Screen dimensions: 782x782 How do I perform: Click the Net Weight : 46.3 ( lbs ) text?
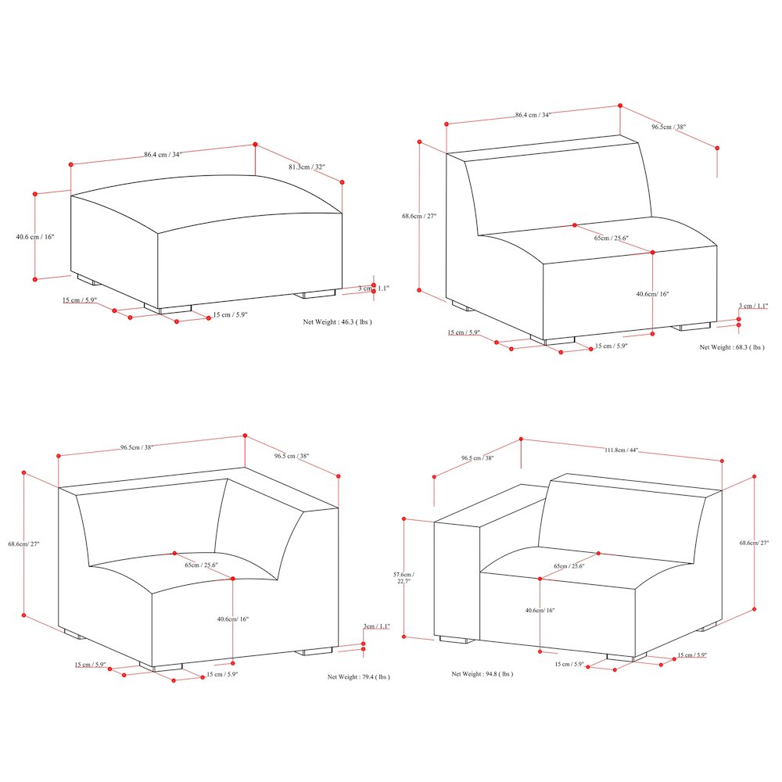point(337,321)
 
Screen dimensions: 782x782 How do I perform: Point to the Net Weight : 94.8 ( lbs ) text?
point(482,673)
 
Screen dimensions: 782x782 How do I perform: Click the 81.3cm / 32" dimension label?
point(307,167)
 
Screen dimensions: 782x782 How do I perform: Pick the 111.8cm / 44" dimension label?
point(622,450)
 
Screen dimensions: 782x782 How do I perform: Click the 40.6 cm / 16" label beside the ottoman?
point(35,236)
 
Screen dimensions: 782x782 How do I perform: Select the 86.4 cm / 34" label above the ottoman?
point(163,155)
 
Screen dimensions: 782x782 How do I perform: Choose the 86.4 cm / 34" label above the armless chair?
point(533,115)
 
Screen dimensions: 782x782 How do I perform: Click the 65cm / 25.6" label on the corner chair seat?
point(201,565)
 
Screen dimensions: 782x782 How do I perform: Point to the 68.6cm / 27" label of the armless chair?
point(419,217)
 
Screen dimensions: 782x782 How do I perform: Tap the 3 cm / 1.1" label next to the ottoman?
point(373,289)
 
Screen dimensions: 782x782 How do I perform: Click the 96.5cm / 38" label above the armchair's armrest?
point(477,458)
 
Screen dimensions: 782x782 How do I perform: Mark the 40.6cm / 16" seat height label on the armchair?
point(540,611)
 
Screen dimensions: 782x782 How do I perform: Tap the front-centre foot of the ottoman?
point(174,309)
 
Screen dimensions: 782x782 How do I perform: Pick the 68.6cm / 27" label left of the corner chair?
point(23,543)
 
